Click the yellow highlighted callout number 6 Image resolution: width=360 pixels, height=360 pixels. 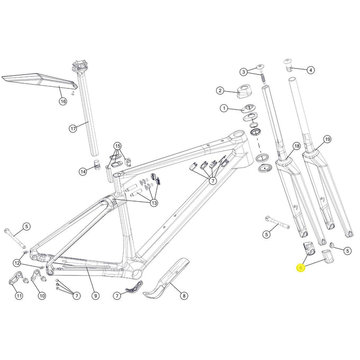tap(301, 268)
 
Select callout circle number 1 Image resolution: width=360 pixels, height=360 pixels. tap(224, 109)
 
